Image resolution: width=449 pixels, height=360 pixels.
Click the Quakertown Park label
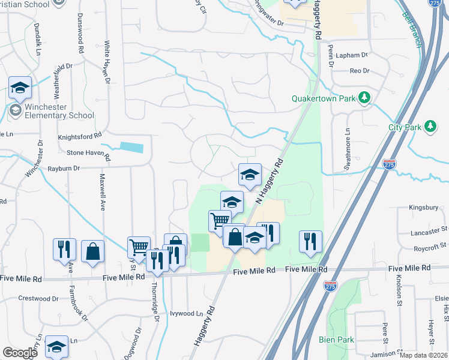coord(322,98)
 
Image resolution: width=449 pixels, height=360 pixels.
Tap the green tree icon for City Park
coord(430,126)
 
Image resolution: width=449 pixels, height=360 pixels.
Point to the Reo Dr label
coord(359,71)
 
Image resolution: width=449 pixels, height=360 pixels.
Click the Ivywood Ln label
coord(187,313)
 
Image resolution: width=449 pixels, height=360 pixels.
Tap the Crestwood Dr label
coord(38,298)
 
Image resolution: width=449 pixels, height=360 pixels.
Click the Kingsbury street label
coord(420,208)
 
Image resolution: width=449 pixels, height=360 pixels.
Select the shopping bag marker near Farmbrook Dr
coord(93,252)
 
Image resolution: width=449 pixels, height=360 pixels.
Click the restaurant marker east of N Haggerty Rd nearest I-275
coord(310,242)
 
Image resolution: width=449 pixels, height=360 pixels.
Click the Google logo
coord(20,353)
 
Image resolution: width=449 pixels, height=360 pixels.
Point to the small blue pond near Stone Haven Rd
coord(131,147)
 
